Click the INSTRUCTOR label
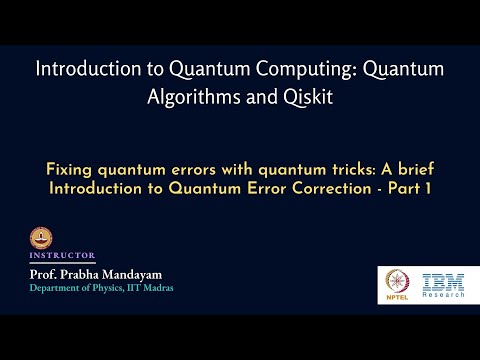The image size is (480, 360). tap(62, 255)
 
